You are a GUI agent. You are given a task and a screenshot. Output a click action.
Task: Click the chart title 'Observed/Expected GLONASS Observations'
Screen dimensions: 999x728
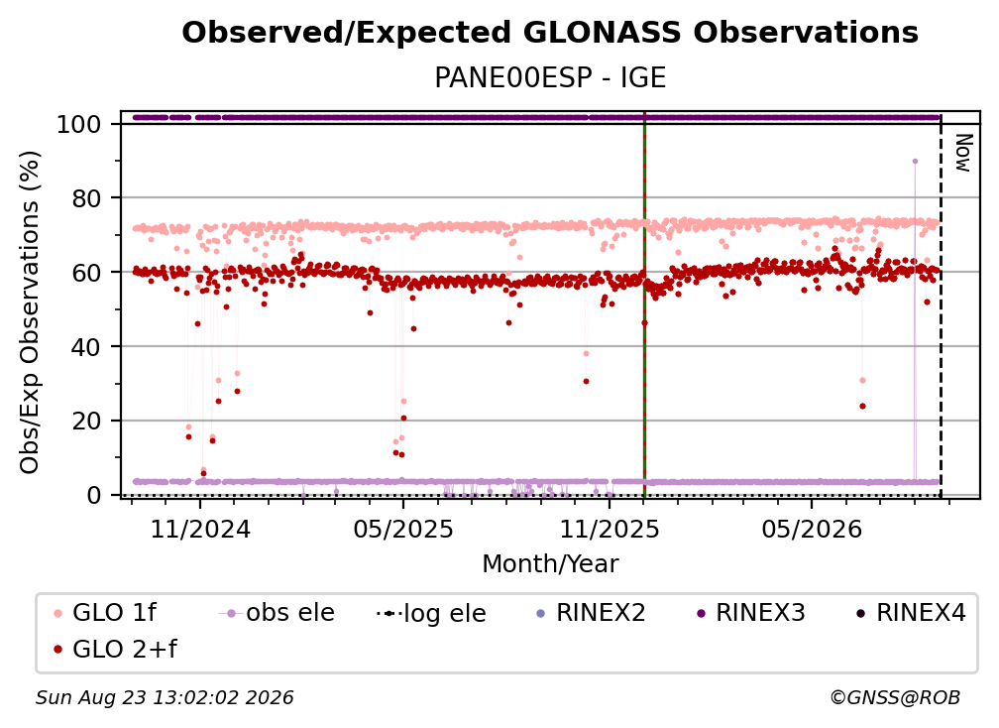pos(550,33)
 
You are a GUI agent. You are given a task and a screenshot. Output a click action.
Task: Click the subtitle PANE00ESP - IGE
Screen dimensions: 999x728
pos(550,78)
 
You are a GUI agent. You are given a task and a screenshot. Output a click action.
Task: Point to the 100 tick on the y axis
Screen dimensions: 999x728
pos(79,124)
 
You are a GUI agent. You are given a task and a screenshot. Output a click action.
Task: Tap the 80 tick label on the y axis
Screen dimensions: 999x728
pos(86,199)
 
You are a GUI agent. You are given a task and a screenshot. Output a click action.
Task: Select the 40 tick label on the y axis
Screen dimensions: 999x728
pos(86,347)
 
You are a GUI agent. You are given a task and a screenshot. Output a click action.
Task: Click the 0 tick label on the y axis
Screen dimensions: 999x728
pos(94,495)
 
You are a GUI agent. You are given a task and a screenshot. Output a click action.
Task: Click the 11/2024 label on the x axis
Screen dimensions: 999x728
pos(200,529)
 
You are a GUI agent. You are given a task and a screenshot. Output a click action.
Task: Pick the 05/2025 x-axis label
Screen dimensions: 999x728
pos(402,529)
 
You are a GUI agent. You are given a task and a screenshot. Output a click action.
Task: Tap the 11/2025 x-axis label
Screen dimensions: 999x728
pos(610,529)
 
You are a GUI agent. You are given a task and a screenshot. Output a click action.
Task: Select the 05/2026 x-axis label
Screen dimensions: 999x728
pos(812,529)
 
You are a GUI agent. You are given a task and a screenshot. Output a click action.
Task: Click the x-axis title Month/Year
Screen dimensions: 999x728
pos(550,563)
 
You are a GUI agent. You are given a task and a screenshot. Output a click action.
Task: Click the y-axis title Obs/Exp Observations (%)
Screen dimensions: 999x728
pos(30,312)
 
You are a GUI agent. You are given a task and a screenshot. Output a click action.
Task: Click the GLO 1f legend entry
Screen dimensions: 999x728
pos(106,613)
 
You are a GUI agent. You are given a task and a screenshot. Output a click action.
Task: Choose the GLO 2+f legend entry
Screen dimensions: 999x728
pos(116,650)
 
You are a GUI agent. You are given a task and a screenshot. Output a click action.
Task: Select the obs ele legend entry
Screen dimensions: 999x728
pos(277,613)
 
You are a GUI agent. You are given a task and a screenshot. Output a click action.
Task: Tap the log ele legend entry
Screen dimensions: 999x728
pos(431,613)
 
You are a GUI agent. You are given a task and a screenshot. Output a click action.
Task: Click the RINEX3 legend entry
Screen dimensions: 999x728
pos(752,613)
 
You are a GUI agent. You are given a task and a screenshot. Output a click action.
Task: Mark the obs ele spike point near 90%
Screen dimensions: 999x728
pos(915,162)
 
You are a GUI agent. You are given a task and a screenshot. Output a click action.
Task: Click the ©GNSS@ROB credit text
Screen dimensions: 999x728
pos(895,698)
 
